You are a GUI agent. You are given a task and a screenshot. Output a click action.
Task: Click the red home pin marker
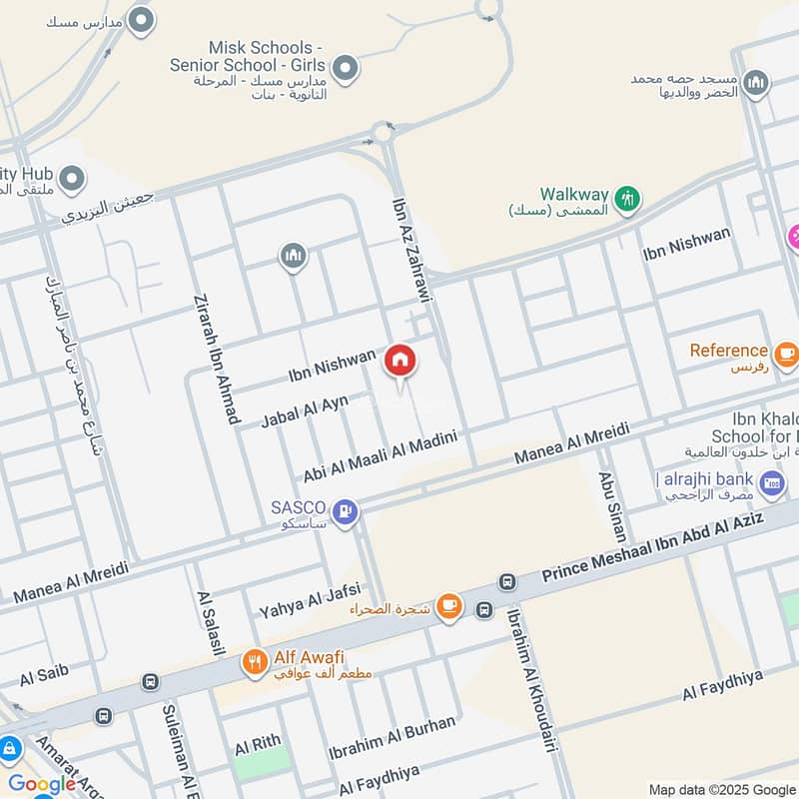(x=400, y=361)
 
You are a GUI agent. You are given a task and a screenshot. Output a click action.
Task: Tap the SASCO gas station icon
(x=345, y=512)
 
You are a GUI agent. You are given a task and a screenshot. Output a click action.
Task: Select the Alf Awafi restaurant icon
(x=255, y=661)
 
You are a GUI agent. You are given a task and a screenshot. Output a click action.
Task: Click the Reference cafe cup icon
(x=786, y=353)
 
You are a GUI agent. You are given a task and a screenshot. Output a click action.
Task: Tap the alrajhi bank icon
(x=771, y=484)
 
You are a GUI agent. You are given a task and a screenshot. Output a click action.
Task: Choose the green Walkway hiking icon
(x=626, y=198)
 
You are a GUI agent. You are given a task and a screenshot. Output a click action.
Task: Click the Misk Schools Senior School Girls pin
(x=346, y=69)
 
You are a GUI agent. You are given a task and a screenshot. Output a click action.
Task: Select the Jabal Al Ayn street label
(x=305, y=410)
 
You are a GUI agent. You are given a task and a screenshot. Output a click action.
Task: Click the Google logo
(x=42, y=784)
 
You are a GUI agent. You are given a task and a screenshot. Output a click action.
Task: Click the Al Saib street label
(x=44, y=674)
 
